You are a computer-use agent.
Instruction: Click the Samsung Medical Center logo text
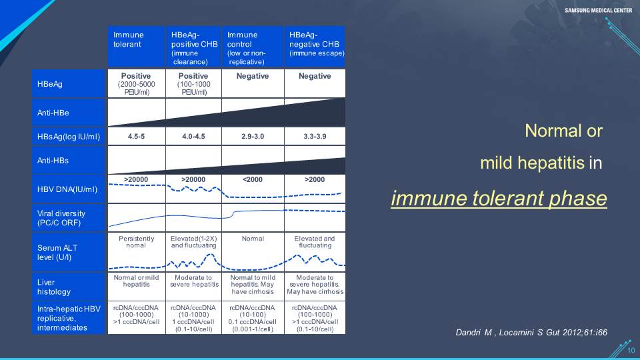click(x=599, y=10)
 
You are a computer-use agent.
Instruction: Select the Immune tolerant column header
click(x=136, y=47)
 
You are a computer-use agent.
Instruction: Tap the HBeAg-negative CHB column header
click(x=315, y=47)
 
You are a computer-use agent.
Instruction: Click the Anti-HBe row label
click(x=53, y=113)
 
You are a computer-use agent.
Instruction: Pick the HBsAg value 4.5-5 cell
click(x=136, y=136)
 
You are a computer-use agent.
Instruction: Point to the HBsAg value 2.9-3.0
click(x=253, y=136)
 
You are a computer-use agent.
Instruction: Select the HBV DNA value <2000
click(x=253, y=179)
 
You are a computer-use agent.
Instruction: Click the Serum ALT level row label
click(x=57, y=252)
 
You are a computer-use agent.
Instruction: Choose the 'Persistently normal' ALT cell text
click(x=136, y=241)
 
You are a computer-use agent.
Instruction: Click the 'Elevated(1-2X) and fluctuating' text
click(x=193, y=241)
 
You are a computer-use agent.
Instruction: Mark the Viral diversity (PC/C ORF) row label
click(x=61, y=218)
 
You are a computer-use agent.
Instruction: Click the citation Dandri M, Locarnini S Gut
click(x=531, y=332)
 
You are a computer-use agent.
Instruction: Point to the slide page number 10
click(x=631, y=350)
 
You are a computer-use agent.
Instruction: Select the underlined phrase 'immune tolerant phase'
click(x=499, y=199)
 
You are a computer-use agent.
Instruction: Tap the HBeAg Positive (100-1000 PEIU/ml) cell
click(x=193, y=84)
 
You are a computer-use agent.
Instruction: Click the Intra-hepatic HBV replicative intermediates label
click(x=69, y=318)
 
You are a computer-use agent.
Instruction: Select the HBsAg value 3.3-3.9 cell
click(x=315, y=136)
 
